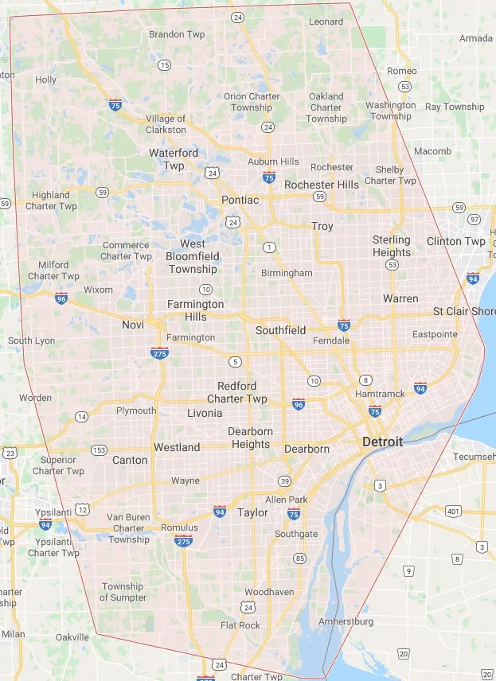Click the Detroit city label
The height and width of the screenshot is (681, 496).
382,442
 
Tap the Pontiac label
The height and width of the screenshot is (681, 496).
240,200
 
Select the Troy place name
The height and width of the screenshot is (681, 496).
322,226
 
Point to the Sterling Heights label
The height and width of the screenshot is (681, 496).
392,246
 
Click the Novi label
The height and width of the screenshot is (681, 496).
133,325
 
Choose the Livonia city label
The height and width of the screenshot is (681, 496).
205,414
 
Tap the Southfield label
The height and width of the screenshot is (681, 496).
280,329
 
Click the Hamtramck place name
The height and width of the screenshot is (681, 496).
380,394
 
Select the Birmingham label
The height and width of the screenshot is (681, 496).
287,273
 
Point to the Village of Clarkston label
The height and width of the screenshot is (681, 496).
166,124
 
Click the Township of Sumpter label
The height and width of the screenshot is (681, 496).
123,592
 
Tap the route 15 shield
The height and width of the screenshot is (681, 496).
164,65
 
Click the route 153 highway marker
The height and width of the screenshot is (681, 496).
99,449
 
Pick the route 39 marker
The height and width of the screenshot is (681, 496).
284,481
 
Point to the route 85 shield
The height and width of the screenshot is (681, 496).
299,558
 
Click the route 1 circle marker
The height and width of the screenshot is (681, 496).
270,247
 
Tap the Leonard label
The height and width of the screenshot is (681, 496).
326,21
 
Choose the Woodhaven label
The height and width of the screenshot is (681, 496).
269,592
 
